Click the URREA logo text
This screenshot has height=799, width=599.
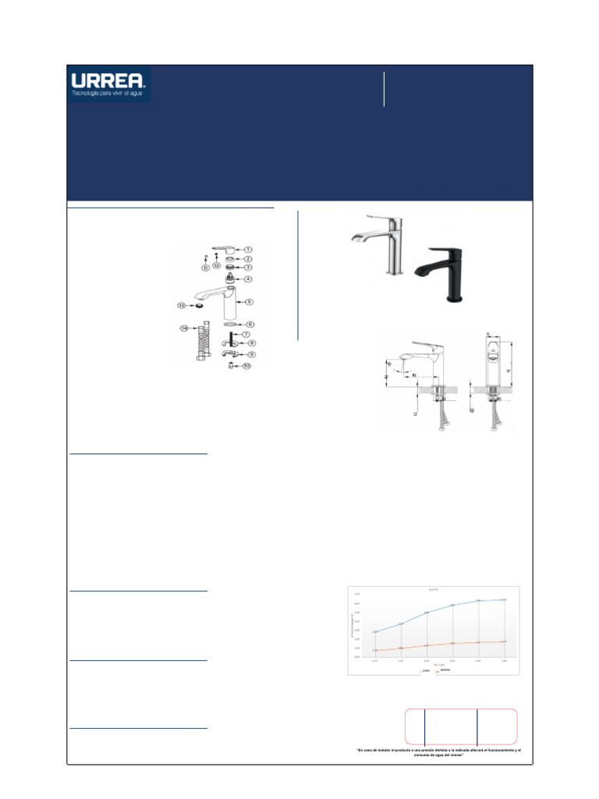coord(108,80)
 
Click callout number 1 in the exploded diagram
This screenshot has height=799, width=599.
coord(248,249)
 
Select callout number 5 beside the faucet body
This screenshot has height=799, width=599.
coord(249,301)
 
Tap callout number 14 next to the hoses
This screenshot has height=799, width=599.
coord(184,328)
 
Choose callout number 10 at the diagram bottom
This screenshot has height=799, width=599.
coord(246,365)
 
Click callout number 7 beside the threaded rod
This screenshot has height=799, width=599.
coord(245,334)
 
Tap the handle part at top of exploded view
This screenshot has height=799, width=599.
coord(225,249)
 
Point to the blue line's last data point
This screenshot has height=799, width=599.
coord(505,599)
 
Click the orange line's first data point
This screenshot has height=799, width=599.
coord(375,650)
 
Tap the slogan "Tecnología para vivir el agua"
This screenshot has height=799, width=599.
coord(108,94)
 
